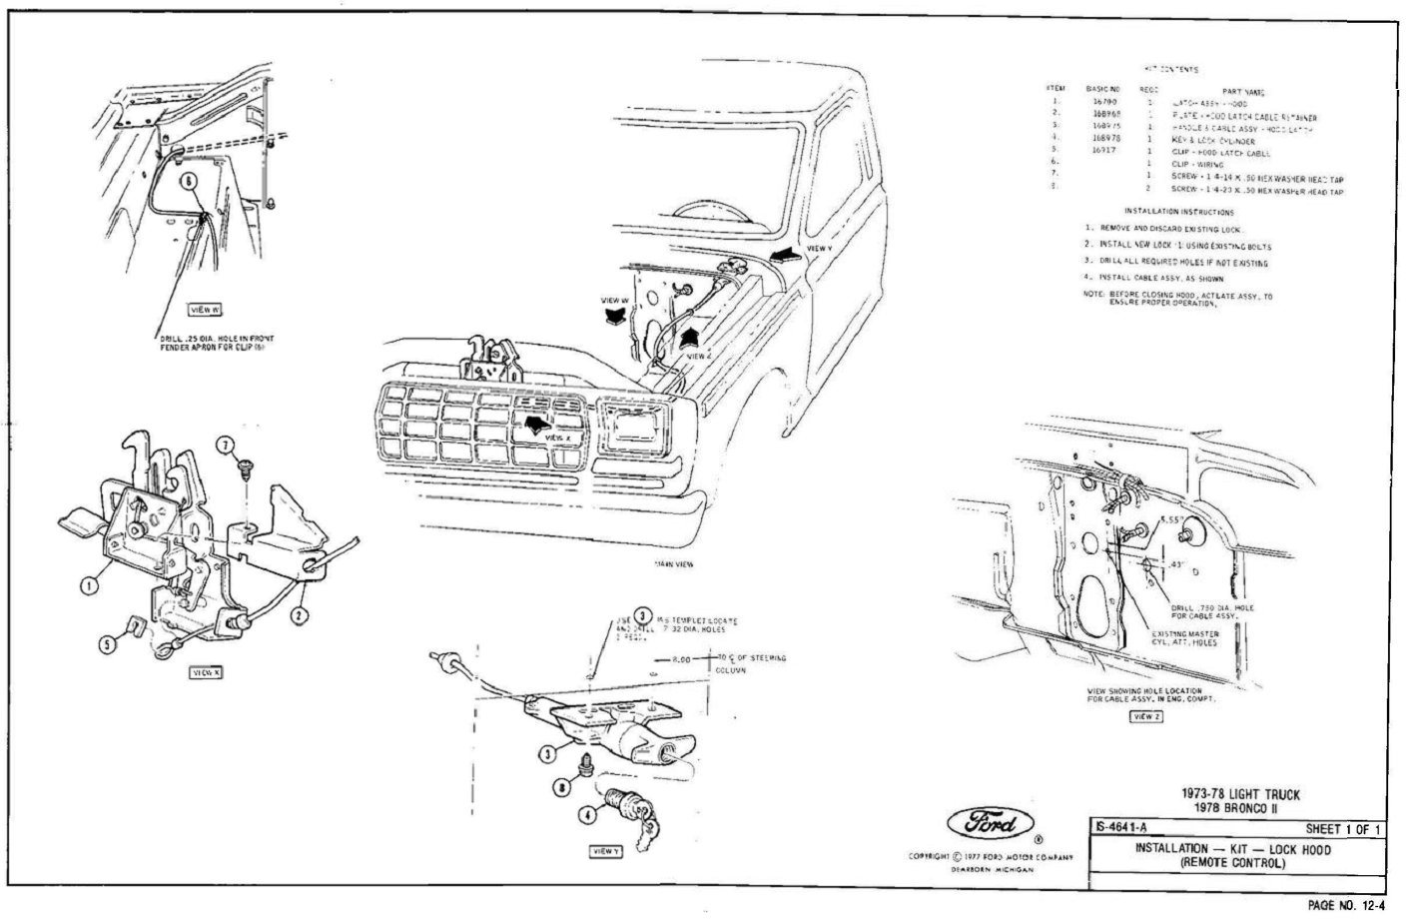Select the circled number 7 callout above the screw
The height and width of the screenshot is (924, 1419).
pos(227,443)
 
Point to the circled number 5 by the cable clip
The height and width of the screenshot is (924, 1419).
pos(107,644)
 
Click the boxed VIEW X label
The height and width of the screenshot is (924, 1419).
pos(206,672)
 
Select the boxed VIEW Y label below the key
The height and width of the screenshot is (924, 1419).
pos(606,851)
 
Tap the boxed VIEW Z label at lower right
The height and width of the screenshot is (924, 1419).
pos(1144,716)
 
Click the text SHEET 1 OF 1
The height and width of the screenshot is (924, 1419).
pos(1342,829)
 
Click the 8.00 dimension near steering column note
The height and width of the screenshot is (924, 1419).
pos(682,659)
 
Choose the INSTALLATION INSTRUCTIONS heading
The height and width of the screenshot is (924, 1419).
pos(1178,212)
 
